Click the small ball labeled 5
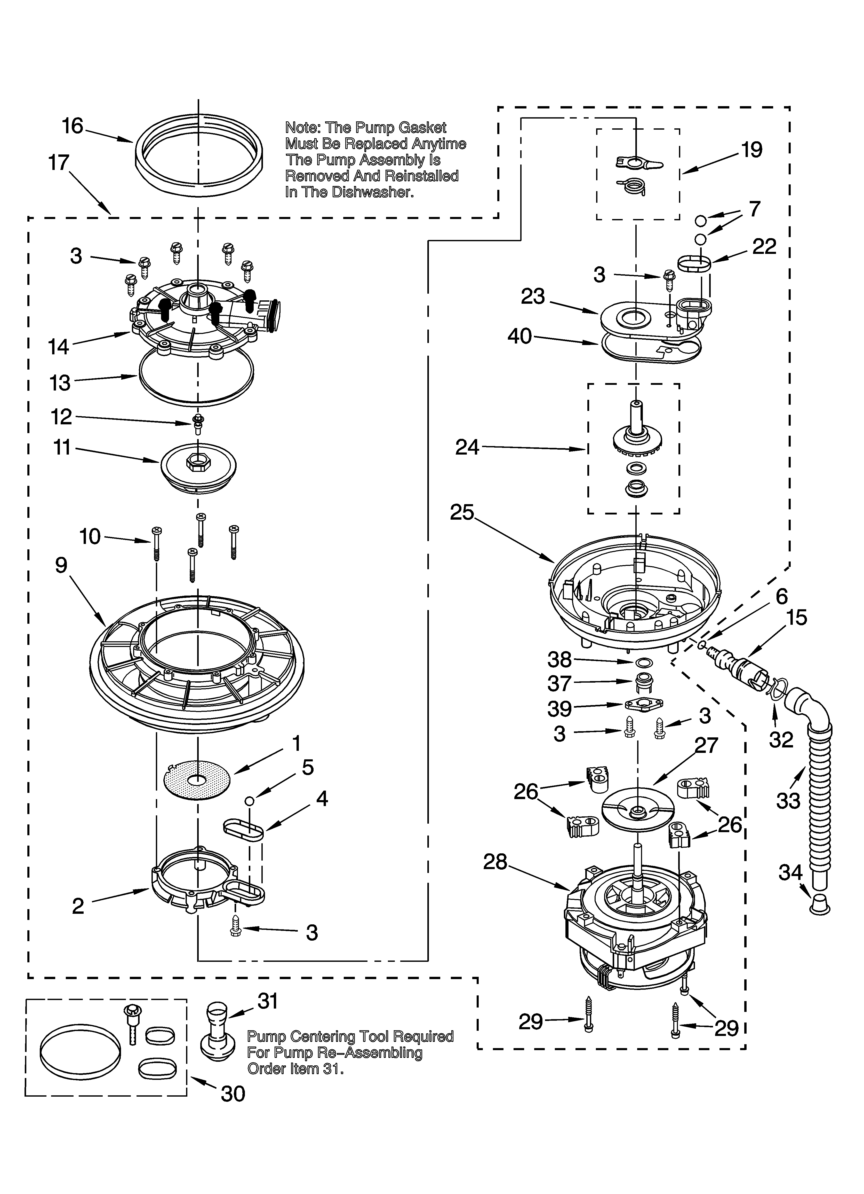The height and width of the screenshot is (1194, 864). click(249, 801)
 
